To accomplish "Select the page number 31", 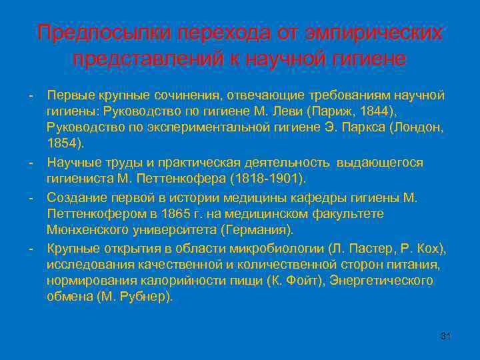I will pyautogui.click(x=446, y=335).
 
